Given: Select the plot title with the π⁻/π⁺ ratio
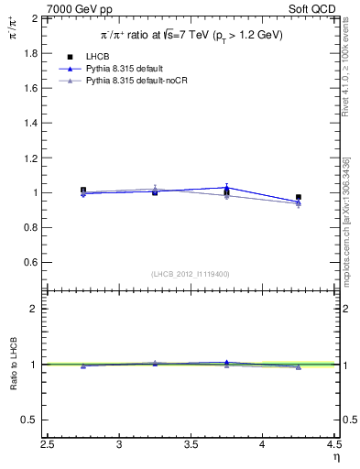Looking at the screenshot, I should (x=191, y=35).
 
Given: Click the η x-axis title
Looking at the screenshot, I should (x=335, y=457).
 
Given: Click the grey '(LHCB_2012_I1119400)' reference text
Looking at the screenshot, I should (x=191, y=274).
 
